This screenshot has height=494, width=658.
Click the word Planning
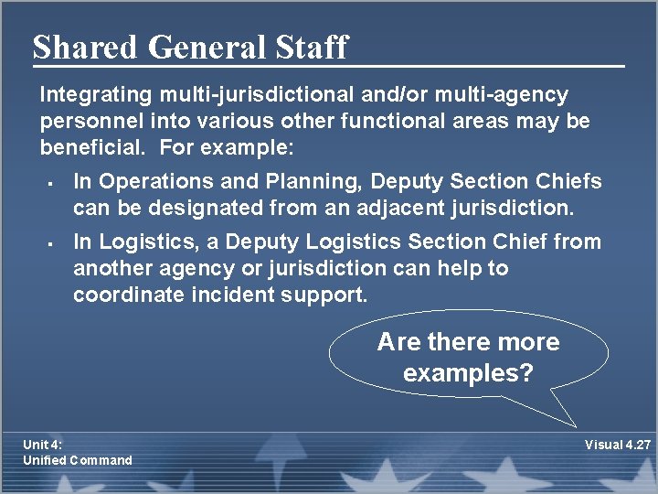click(281, 181)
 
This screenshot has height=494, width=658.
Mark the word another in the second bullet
click(112, 269)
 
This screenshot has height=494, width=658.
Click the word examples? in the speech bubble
click(468, 373)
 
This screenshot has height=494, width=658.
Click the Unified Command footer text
click(78, 460)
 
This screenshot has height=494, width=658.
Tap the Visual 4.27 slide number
click(617, 445)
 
